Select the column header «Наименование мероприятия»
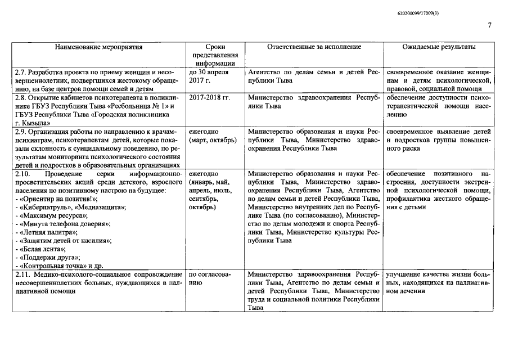[99, 47]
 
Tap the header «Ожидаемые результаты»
[439, 47]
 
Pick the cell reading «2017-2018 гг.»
[210, 97]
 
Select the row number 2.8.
[20, 97]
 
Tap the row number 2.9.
[20, 130]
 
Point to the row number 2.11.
[22, 273]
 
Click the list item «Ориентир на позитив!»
[58, 199]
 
